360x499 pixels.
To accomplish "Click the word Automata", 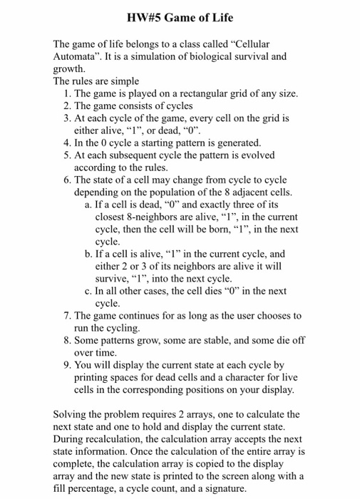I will pyautogui.click(x=76, y=56).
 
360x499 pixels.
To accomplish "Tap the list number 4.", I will pyautogui.click(x=67, y=142).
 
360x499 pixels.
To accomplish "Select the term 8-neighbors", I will pyautogui.click(x=156, y=217).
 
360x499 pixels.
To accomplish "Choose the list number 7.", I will pyautogui.click(x=67, y=315).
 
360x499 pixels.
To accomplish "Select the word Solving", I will pyautogui.click(x=73, y=414).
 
